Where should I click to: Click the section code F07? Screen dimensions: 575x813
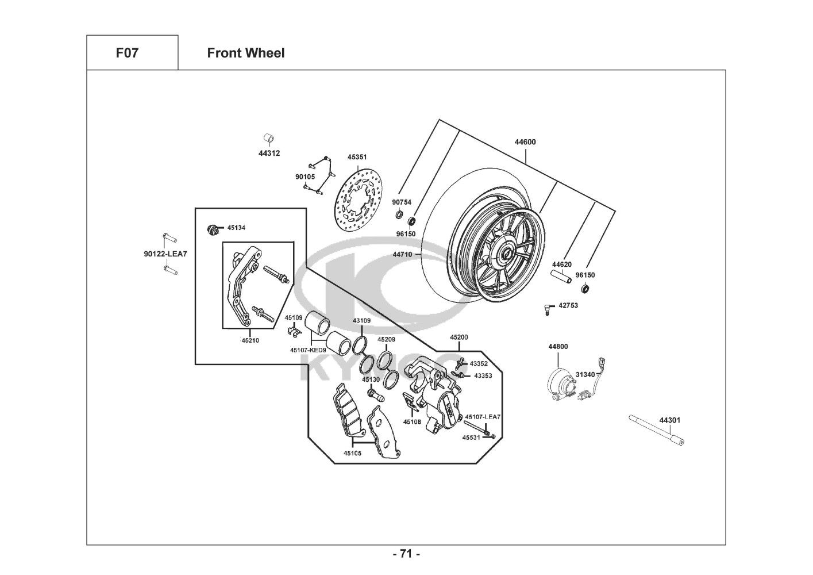(127, 53)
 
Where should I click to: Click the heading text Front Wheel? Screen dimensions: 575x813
(245, 53)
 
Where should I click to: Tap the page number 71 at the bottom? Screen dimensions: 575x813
(406, 554)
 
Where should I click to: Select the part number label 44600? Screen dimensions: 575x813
(525, 142)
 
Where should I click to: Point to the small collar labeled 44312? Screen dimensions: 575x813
(268, 139)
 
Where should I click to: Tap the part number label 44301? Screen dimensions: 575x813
(669, 420)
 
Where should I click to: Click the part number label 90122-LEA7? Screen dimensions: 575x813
(165, 254)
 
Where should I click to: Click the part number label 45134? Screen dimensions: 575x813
(236, 228)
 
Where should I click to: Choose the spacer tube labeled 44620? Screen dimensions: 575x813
(562, 278)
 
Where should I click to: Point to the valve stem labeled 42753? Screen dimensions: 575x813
(547, 309)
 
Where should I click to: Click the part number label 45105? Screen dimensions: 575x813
(353, 453)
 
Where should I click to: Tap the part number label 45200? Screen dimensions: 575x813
(458, 338)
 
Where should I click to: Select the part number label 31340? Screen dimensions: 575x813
(585, 374)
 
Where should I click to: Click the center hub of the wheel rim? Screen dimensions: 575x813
(508, 252)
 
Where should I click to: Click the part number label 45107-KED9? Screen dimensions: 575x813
(308, 350)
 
